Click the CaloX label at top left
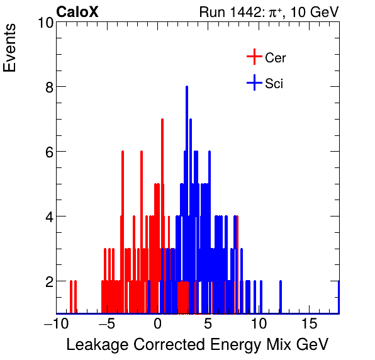tap(77, 11)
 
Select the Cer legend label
tap(276, 58)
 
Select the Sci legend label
tap(274, 83)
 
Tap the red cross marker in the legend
tap(254, 57)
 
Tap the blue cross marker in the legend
tap(254, 82)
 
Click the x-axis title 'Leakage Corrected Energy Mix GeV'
tap(198, 345)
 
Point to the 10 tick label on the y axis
tap(44, 23)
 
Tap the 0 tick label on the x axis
tap(158, 323)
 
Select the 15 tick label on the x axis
tap(309, 323)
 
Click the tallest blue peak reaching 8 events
tap(187, 88)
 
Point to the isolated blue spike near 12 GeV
tap(281, 296)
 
